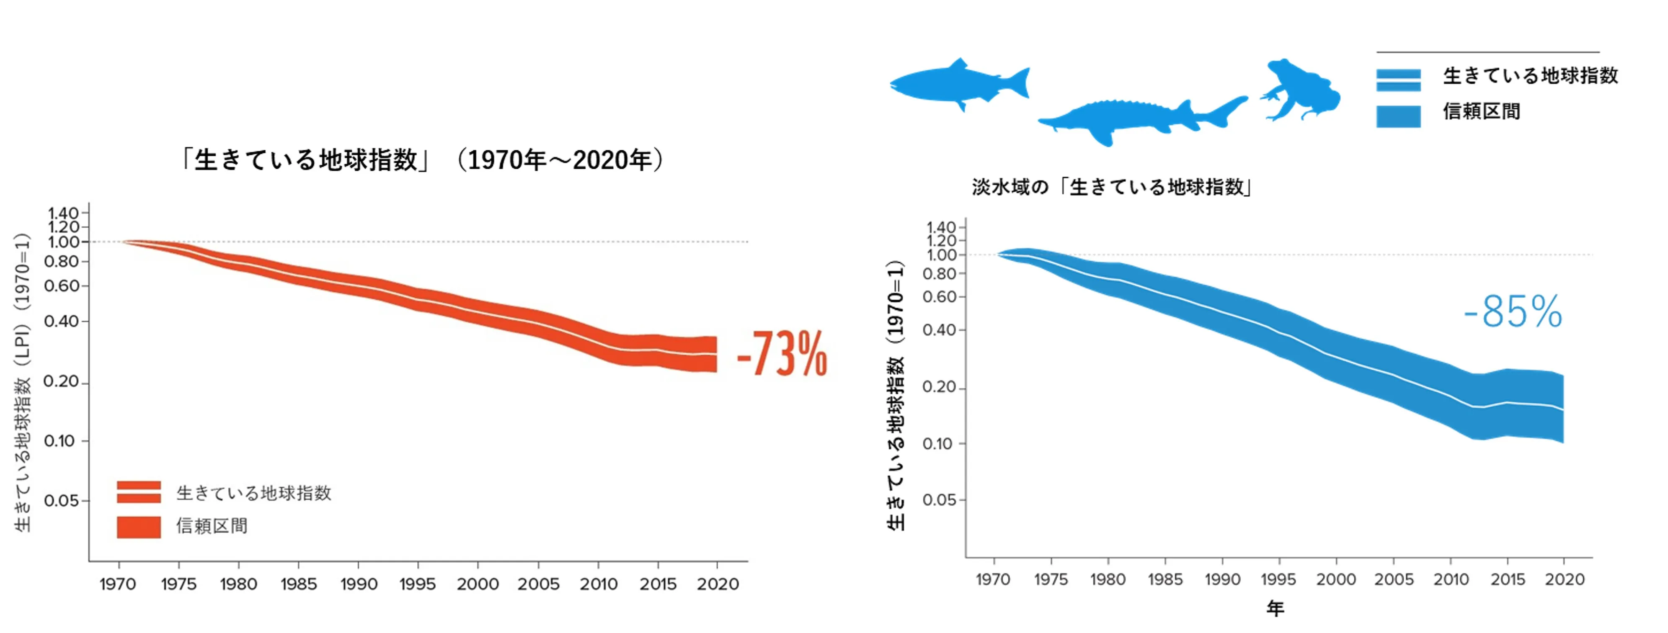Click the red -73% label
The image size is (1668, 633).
782,354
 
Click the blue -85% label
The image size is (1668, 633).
1513,312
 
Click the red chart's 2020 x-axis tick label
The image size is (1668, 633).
718,584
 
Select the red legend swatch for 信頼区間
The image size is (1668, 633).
139,527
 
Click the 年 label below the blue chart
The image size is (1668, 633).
1275,608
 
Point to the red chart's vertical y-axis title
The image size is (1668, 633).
23,382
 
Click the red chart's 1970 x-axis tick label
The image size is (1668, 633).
117,584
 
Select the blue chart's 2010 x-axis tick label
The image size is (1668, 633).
1451,579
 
